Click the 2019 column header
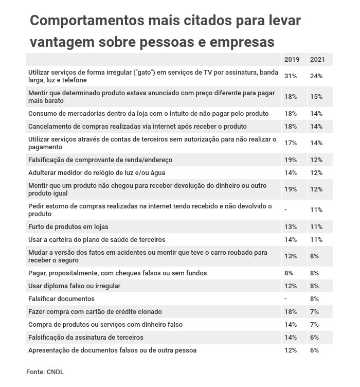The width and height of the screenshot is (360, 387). tap(292, 60)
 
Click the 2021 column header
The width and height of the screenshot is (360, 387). tap(316, 60)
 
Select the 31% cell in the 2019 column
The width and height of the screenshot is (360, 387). tap(291, 76)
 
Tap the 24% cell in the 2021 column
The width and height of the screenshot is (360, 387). tap(316, 76)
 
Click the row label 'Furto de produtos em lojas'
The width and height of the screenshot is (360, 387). tap(68, 226)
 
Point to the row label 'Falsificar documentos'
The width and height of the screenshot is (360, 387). tap(61, 298)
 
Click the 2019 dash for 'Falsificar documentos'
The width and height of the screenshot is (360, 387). tap(285, 298)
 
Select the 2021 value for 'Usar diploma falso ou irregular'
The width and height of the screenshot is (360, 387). tap(315, 286)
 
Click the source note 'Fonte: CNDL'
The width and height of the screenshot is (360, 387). tap(45, 371)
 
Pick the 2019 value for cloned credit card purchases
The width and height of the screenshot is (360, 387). tap(291, 311)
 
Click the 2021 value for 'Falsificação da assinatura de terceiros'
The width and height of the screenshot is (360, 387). tap(315, 337)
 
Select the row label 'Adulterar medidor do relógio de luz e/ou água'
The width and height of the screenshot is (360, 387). tap(97, 172)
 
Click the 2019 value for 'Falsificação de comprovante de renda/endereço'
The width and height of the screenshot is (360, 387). tap(291, 160)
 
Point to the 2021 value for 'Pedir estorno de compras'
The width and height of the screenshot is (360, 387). tap(316, 210)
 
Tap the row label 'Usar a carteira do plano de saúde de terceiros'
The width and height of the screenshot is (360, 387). tap(97, 239)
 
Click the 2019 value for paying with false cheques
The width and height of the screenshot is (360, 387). tap(289, 273)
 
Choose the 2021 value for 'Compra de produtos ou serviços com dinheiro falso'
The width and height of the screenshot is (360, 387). tap(315, 324)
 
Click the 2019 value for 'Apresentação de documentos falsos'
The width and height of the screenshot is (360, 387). tap(291, 350)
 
